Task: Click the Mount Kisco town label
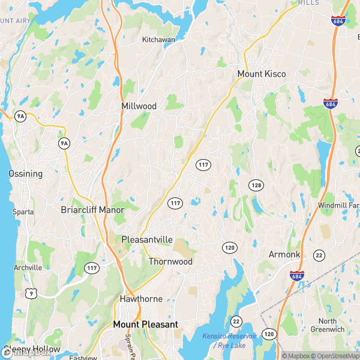pos(262,74)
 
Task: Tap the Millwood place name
pos(139,106)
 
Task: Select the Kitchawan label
pos(158,40)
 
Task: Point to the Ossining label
pos(25,173)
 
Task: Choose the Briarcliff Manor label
pos(92,210)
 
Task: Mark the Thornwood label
pos(170,262)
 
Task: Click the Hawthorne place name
pos(141,299)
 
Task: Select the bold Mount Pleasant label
pos(146,324)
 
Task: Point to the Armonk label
pos(284,254)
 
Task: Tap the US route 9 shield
pos(30,293)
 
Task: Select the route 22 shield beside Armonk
pos(320,254)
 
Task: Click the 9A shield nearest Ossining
pos(64,143)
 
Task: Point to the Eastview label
pos(83,358)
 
